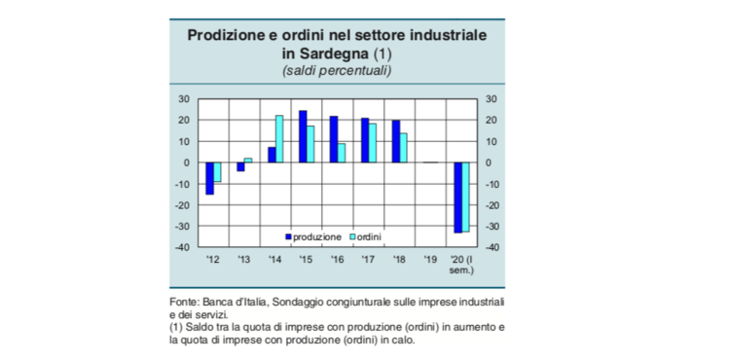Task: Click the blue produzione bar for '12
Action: (209, 178)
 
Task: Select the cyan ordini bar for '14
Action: (279, 139)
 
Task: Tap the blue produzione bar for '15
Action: (303, 136)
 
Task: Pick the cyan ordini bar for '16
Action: (342, 153)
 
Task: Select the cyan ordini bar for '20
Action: (466, 197)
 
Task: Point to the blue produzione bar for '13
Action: (240, 166)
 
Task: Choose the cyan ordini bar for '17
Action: (373, 143)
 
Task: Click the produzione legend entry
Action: (312, 236)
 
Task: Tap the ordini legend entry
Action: (365, 236)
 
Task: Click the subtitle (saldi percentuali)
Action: (337, 71)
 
